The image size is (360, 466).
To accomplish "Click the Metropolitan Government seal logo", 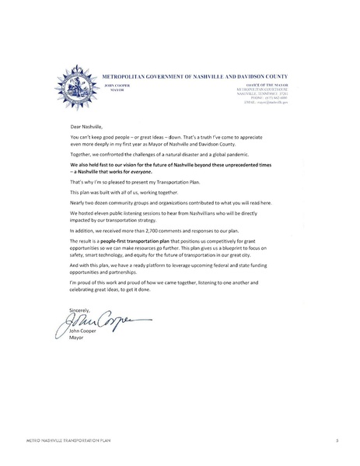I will coord(75,85).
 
